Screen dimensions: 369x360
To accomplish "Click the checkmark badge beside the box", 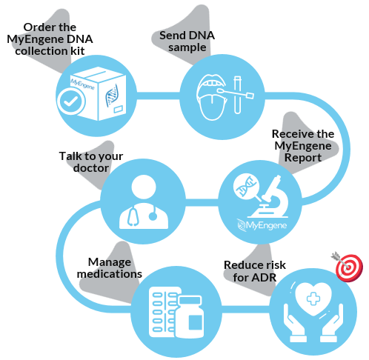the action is coord(71,101).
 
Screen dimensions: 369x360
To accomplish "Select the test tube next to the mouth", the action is coord(237,95).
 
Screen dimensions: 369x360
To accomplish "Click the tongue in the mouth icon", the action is coord(213,107).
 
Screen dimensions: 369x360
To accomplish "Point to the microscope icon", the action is coord(272,197).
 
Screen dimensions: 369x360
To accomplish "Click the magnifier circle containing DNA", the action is coord(245,185).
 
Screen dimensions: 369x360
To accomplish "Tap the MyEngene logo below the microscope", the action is coord(262,225).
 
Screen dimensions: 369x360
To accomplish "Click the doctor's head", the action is coord(144,187).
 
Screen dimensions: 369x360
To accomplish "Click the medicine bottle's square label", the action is coord(196,322).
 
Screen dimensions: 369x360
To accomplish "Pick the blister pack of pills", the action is coord(164,312).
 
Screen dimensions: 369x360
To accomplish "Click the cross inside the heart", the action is coord(313,299).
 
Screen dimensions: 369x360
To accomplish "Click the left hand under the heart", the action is coord(294,323).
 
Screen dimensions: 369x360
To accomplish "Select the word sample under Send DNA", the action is coord(187,47).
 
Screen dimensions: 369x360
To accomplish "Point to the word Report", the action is coord(303,158).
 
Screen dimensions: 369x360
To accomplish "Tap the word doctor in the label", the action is coord(91,168).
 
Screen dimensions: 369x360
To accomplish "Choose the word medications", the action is coord(110,274).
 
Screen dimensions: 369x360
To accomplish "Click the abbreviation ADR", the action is coord(265,278).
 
